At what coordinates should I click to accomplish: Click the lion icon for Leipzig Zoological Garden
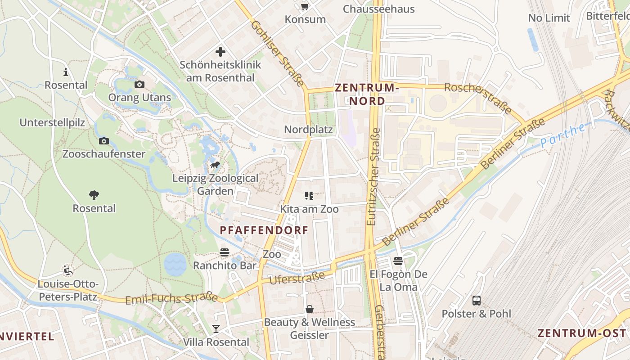215,165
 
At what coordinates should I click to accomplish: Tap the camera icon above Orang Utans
139,84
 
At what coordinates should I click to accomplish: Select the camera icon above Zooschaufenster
104,141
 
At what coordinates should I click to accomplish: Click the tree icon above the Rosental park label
94,195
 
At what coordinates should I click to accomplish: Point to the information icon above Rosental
66,72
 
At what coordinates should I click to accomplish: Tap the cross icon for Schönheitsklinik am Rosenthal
220,52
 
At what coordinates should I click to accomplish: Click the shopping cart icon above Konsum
305,6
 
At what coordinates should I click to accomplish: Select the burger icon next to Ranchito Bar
225,252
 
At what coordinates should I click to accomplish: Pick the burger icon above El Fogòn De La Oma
398,261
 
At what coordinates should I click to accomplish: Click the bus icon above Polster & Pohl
476,300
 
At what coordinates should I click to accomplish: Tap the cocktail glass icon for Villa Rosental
216,329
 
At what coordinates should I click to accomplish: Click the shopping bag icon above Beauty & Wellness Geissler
310,309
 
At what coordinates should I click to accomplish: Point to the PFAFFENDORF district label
264,230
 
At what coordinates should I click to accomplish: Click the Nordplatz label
308,130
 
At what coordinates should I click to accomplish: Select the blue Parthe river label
562,135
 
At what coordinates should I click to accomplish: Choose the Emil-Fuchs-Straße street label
171,299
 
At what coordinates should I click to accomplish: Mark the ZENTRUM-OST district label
581,333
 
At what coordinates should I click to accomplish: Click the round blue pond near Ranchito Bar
175,264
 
